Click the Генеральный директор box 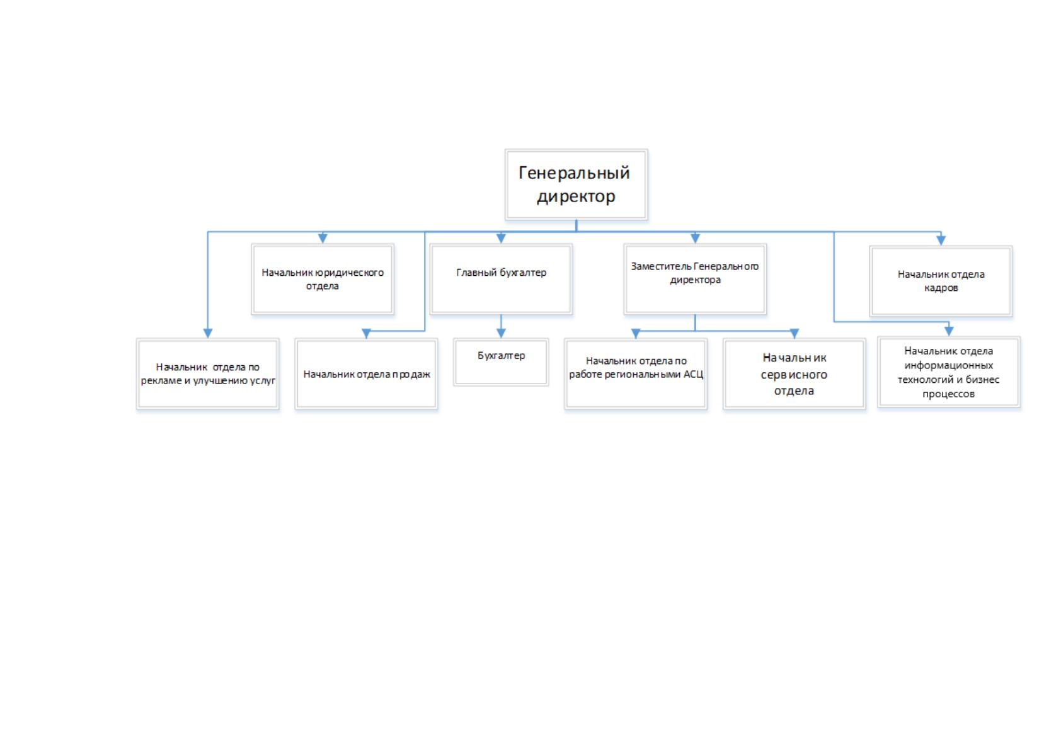pyautogui.click(x=576, y=184)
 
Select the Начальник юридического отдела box pyautogui.click(x=323, y=279)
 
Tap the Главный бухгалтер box pyautogui.click(x=501, y=279)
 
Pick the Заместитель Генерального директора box pyautogui.click(x=695, y=279)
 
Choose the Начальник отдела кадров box pyautogui.click(x=941, y=281)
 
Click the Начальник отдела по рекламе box pyautogui.click(x=207, y=373)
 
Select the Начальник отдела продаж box pyautogui.click(x=366, y=373)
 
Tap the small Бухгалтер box pyautogui.click(x=501, y=362)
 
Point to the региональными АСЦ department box pyautogui.click(x=636, y=373)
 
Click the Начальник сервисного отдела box pyautogui.click(x=794, y=373)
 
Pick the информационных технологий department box pyautogui.click(x=949, y=372)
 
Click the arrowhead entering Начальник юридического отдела pyautogui.click(x=323, y=238)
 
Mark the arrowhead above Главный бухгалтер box pyautogui.click(x=501, y=238)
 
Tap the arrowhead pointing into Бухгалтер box pyautogui.click(x=501, y=333)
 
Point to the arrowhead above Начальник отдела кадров pyautogui.click(x=941, y=241)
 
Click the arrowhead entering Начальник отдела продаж pyautogui.click(x=366, y=333)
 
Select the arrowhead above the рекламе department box pyautogui.click(x=207, y=333)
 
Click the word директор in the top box pyautogui.click(x=576, y=196)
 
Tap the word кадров pyautogui.click(x=941, y=288)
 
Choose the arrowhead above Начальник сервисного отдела pyautogui.click(x=794, y=333)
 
